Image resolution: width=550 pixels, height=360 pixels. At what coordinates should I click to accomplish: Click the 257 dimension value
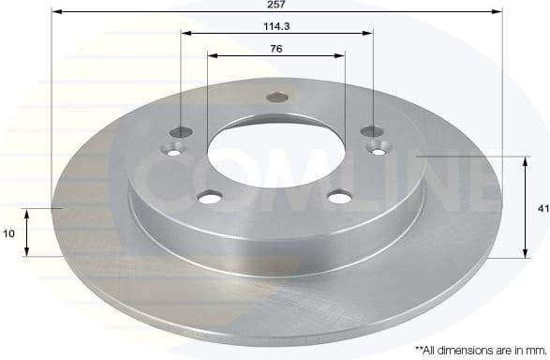point(276,5)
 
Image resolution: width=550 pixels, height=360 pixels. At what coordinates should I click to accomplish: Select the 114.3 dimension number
point(275,26)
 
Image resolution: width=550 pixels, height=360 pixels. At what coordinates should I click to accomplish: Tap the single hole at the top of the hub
point(276,97)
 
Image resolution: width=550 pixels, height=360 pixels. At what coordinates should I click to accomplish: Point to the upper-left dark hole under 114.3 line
point(183,131)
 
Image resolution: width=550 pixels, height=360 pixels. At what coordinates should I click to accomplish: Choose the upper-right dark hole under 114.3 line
point(371,131)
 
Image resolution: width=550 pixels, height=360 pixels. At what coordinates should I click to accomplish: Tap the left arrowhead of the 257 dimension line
point(53,12)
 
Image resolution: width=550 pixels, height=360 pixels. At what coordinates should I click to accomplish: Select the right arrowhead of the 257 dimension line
point(498,12)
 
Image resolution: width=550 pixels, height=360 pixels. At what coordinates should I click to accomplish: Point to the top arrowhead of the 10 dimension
point(28,213)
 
